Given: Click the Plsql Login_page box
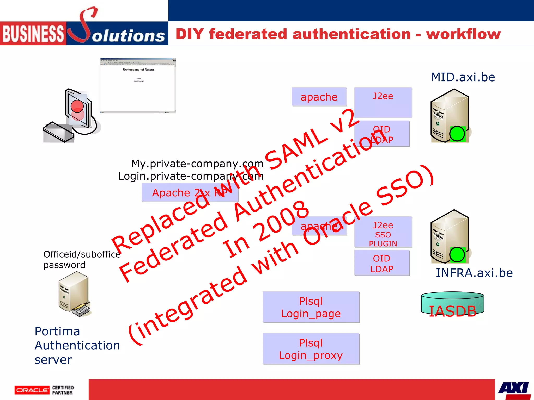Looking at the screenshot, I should [311, 307].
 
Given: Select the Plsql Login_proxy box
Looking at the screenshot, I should [311, 349].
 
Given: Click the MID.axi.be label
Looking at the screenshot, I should [463, 77].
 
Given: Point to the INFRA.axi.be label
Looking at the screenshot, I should [474, 273].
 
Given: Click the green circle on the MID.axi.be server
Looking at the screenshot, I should [457, 134].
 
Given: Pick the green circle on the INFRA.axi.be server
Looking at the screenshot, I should [457, 255].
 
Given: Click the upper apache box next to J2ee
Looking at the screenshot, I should [319, 97].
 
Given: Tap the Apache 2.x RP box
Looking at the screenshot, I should [190, 193].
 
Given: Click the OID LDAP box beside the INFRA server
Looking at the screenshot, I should [382, 263].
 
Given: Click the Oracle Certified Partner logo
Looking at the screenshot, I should [44, 390].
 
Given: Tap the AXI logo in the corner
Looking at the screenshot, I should [514, 390].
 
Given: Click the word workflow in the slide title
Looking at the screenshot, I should [463, 34].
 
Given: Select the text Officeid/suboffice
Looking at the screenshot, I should [82, 254].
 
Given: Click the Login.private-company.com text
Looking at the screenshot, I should [191, 176].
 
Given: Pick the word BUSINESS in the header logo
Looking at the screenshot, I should [33, 34].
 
